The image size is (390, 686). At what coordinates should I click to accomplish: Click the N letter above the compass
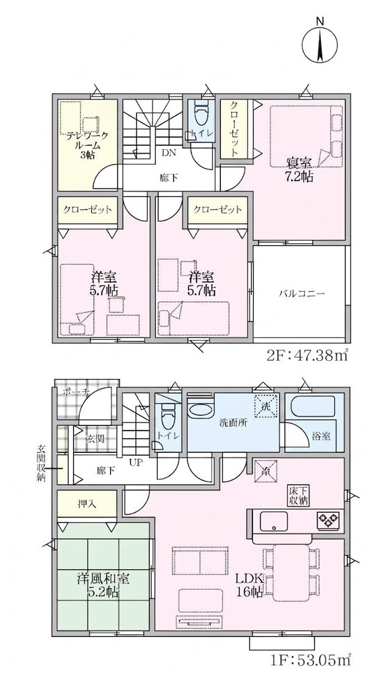tap(320, 21)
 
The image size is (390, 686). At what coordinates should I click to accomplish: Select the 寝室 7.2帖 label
tap(299, 169)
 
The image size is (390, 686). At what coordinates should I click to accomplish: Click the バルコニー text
tap(302, 294)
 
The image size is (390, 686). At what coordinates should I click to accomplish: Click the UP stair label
tap(135, 462)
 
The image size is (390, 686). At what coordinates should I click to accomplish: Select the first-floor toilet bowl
tap(167, 418)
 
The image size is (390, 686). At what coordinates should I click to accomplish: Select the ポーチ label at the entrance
tap(77, 392)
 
